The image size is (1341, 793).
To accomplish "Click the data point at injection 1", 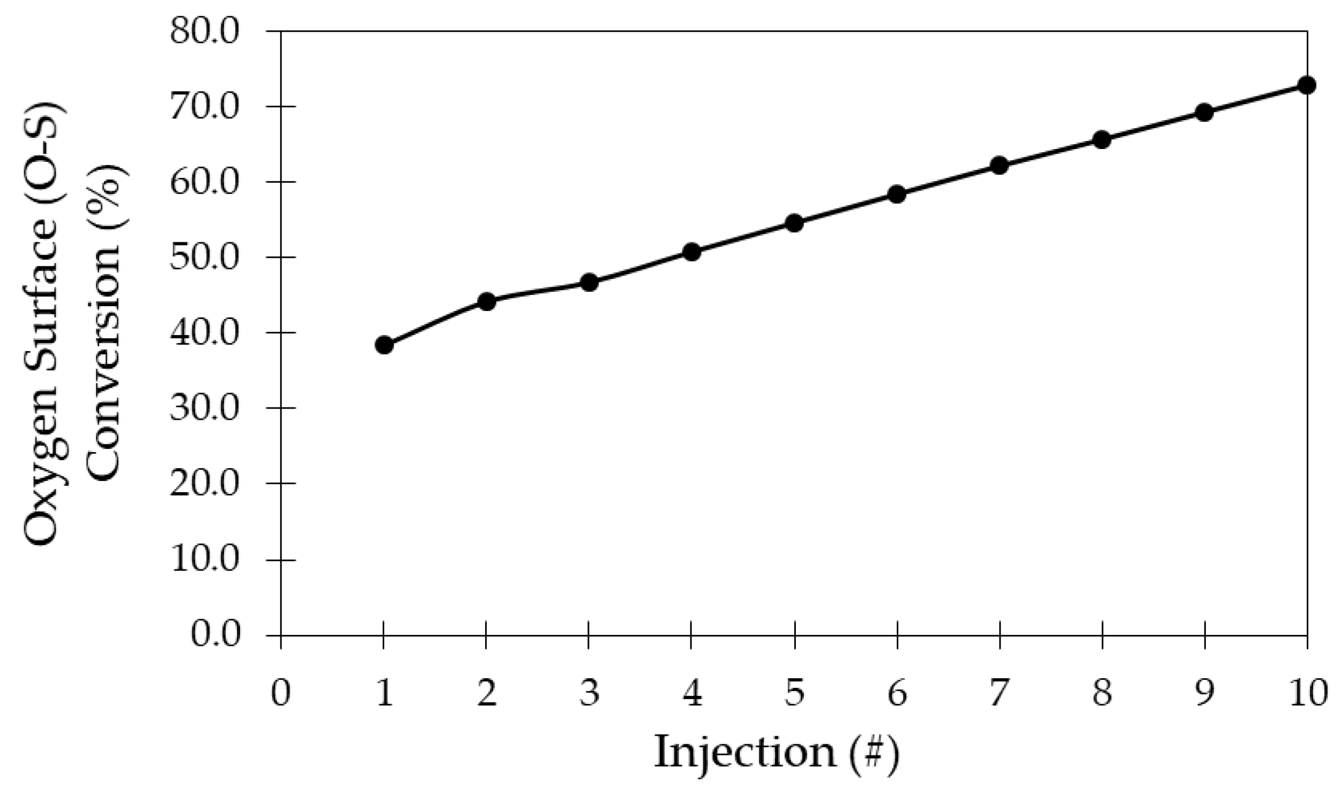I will [x=384, y=345].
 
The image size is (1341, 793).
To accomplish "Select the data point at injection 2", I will [x=486, y=301].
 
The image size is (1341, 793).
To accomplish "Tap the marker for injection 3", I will [x=589, y=283].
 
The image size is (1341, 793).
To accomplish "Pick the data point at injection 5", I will [x=794, y=223].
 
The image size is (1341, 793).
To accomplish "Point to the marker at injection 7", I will [x=1000, y=165].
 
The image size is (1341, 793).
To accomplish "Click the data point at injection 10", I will [x=1307, y=85].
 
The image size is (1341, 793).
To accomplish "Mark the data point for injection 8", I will [x=1102, y=140].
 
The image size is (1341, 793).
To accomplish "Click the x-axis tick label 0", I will [x=280, y=693].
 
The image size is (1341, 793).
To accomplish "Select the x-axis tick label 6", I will [x=897, y=693].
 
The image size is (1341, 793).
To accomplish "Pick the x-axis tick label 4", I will [x=691, y=693].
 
